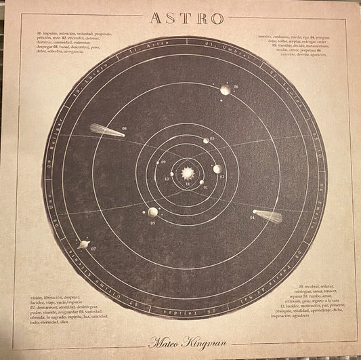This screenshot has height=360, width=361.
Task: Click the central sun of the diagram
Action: point(188,174)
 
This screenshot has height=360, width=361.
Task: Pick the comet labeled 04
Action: point(268,216)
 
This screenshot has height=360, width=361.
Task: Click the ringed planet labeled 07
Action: point(85,243)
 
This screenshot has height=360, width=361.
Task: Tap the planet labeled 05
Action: point(153,212)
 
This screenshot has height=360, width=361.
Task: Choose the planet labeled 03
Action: point(207,140)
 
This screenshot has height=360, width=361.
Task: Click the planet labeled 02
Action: point(217,169)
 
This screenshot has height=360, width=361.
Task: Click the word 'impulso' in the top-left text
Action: point(52,33)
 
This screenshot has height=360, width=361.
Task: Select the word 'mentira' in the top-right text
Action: point(269,33)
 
